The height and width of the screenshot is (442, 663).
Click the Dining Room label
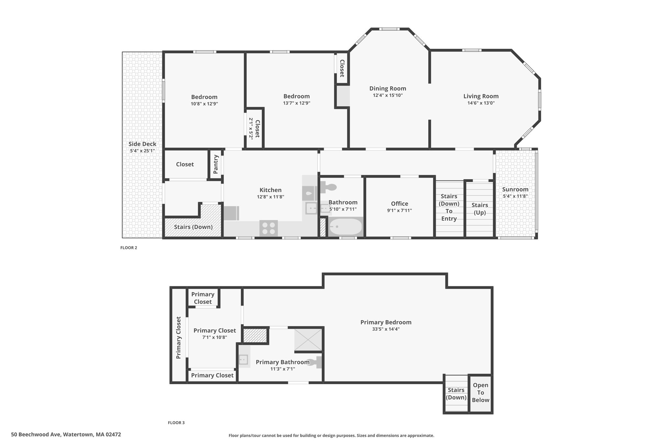coord(388,88)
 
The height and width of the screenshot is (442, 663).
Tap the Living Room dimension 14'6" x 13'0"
coord(481,103)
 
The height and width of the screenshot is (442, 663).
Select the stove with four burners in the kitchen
coord(268,228)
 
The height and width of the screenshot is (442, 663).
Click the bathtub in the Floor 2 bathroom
coord(345,227)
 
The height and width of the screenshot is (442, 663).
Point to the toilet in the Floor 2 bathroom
coord(328,187)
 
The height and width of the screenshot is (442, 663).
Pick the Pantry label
coord(216,164)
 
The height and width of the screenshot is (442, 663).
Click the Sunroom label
coord(515,189)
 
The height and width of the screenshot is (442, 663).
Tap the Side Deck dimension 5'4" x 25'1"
coord(142,151)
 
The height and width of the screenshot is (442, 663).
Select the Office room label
coord(399,204)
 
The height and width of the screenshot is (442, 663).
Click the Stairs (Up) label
coord(480,209)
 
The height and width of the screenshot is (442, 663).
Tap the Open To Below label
coord(480,392)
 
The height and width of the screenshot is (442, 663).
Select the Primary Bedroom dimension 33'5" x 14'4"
coord(386,329)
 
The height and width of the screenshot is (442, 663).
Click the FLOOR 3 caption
coord(176,423)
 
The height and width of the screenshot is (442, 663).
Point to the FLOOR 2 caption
coord(129,248)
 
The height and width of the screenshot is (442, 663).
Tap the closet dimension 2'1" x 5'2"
coord(251,128)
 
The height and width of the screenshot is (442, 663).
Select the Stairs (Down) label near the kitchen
coord(193,227)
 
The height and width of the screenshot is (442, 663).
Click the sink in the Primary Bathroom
coord(243,359)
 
